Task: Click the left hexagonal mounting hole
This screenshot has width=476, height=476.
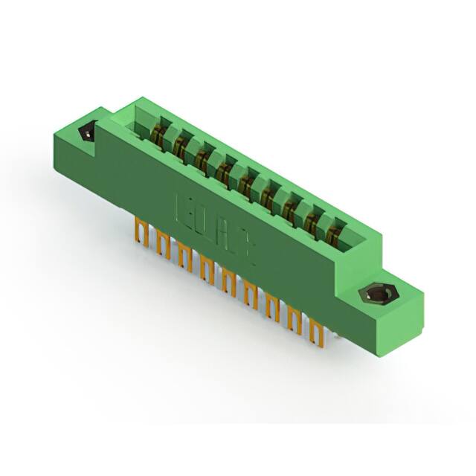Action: pyautogui.click(x=87, y=134)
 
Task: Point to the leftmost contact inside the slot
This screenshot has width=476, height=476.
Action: pyautogui.click(x=158, y=135)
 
